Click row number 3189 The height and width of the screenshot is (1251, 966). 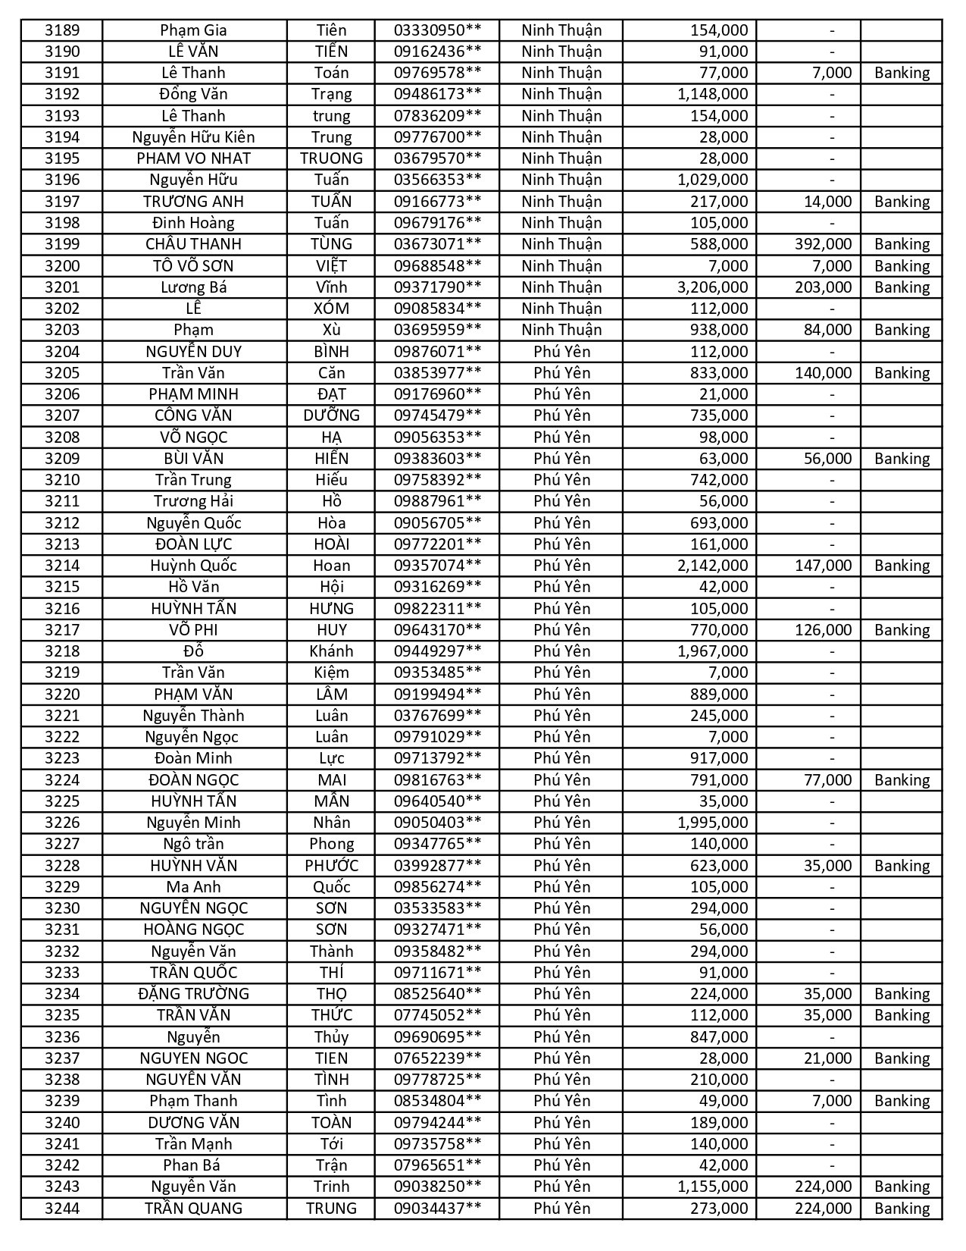[x=61, y=30]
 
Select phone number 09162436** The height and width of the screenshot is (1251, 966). [x=436, y=52]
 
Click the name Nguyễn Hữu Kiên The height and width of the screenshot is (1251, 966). [x=193, y=137]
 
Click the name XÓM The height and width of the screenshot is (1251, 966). [x=331, y=309]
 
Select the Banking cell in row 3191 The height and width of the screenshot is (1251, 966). [x=901, y=73]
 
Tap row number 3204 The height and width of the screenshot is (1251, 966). [x=61, y=352]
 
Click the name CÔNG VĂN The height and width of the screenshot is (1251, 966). [x=193, y=415]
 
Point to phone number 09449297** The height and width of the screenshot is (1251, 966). [x=436, y=651]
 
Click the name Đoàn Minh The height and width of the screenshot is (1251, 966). [x=193, y=758]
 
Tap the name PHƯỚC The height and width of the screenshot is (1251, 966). [x=331, y=866]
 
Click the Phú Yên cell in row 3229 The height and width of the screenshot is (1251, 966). [x=561, y=887]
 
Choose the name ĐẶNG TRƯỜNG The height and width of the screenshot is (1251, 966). [x=193, y=994]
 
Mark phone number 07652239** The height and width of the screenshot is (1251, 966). [x=436, y=1058]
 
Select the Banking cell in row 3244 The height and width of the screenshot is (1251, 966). [x=901, y=1209]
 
